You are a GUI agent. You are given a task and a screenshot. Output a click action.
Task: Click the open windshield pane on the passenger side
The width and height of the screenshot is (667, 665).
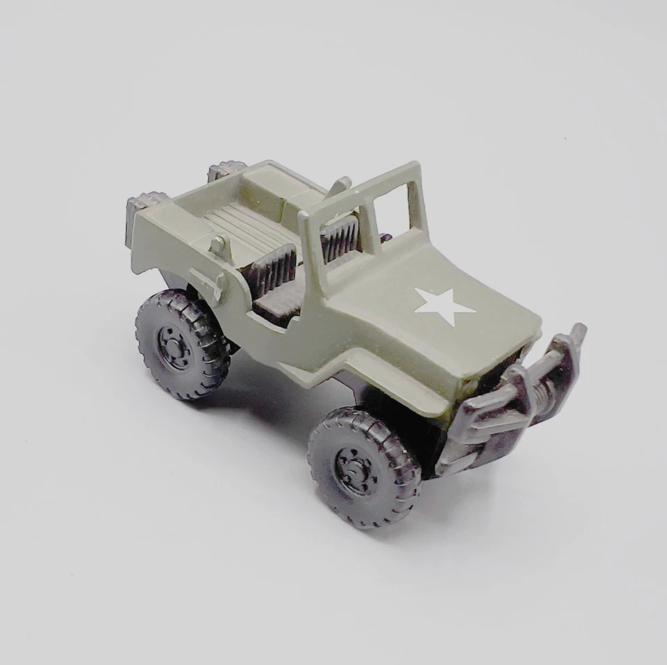click(x=393, y=209)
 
